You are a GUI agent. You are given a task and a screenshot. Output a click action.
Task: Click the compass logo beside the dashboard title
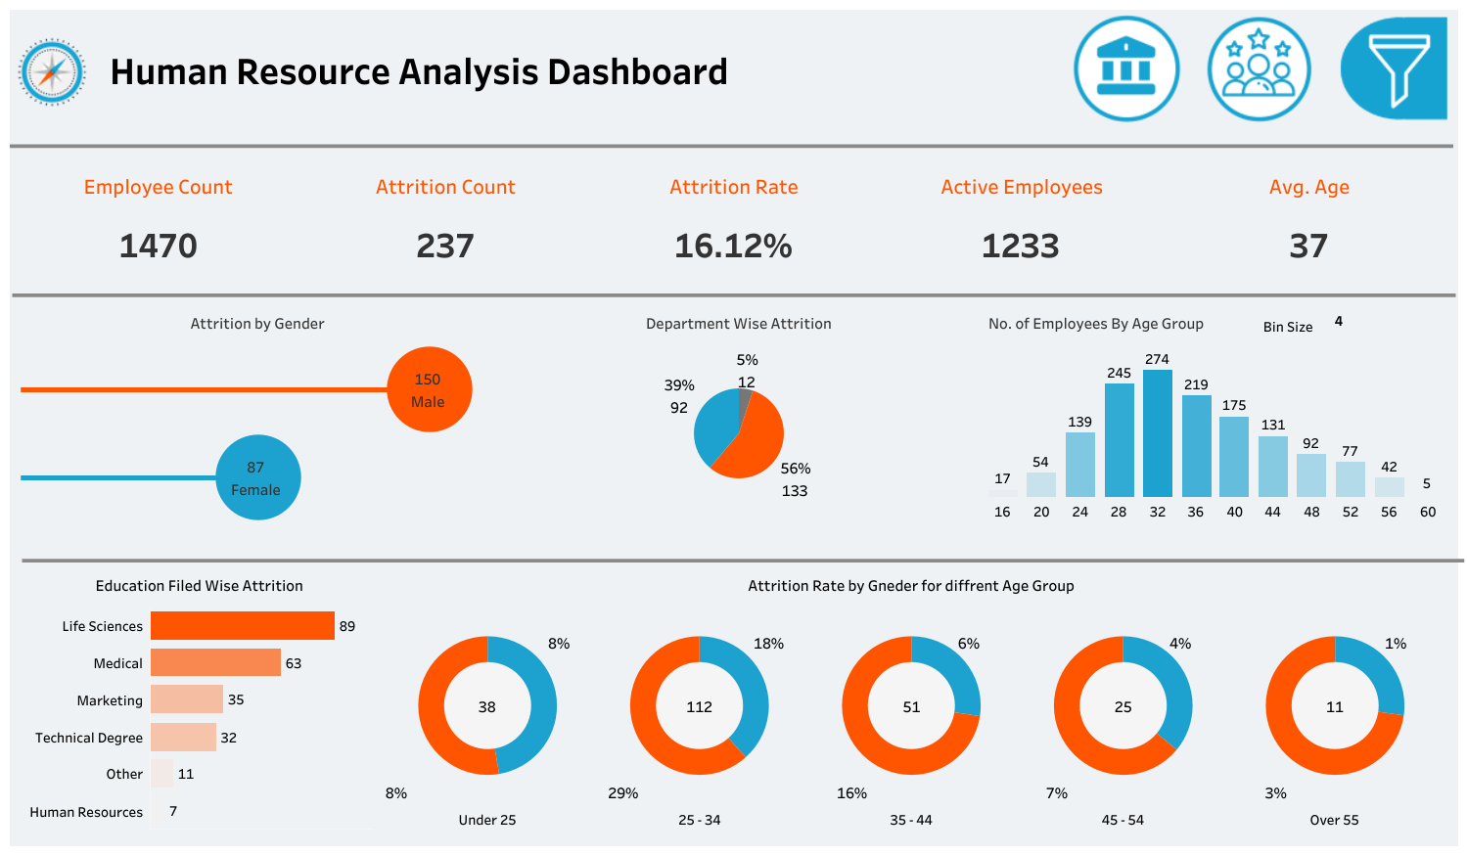(x=52, y=71)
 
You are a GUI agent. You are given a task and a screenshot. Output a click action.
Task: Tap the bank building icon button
(x=1126, y=69)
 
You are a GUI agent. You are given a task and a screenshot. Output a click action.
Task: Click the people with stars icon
(x=1259, y=69)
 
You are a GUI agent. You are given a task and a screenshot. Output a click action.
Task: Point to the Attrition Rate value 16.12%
(x=733, y=246)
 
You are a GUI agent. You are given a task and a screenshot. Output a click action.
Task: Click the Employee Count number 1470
(x=159, y=246)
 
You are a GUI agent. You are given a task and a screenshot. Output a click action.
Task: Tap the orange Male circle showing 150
(x=430, y=389)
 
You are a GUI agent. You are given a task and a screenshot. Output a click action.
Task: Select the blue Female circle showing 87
(x=258, y=477)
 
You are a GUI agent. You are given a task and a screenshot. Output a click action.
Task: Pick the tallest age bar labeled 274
(x=1158, y=433)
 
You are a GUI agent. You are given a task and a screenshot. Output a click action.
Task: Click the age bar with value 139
(x=1079, y=465)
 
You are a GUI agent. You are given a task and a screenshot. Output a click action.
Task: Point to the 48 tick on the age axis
(x=1311, y=512)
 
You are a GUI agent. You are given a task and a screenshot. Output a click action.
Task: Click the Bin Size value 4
(x=1338, y=321)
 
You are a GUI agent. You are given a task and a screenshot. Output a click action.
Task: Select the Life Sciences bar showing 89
(x=243, y=626)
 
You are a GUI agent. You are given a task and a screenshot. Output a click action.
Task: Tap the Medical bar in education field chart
(x=215, y=663)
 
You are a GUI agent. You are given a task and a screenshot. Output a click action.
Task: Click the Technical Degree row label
(x=89, y=738)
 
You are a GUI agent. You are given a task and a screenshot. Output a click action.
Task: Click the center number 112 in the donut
(x=699, y=706)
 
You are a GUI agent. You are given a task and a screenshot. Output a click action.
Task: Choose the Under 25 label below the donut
(x=486, y=820)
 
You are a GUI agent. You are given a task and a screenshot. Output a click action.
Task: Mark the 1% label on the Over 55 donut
(x=1395, y=644)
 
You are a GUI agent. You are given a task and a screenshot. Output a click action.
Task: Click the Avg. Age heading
(x=1308, y=187)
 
